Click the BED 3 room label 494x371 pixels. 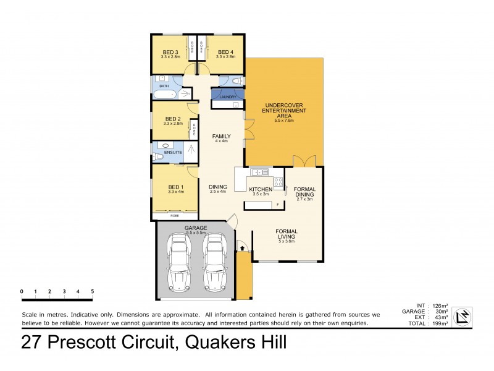pos(170,52)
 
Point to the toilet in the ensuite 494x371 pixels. pos(158,157)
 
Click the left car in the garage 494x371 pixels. pos(180,261)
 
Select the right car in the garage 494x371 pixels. pos(216,261)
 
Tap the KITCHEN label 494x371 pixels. pos(261,189)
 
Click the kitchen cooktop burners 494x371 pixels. pos(278,182)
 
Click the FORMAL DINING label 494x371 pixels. pos(304,192)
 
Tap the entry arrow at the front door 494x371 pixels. pos(242,248)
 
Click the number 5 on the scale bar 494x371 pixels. pos(93,291)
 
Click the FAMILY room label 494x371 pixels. pos(221,135)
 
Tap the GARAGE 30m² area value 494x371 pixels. pos(443,312)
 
